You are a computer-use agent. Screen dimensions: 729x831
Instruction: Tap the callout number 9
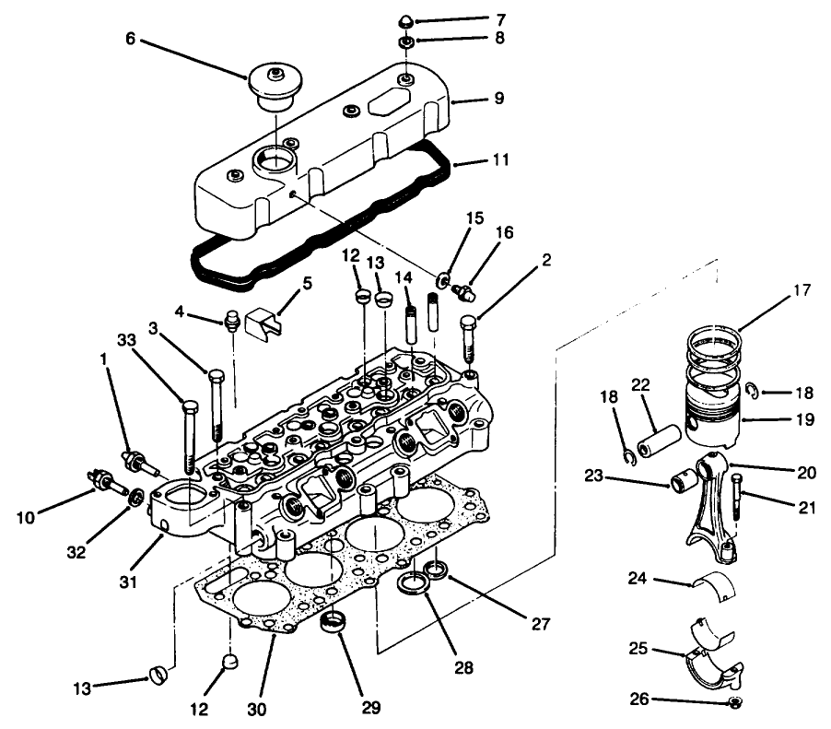point(498,97)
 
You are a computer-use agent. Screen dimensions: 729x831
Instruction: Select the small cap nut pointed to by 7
point(404,21)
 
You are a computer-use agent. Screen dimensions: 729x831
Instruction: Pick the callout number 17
point(799,290)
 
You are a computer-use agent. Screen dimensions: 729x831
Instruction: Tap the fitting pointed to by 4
point(232,322)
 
